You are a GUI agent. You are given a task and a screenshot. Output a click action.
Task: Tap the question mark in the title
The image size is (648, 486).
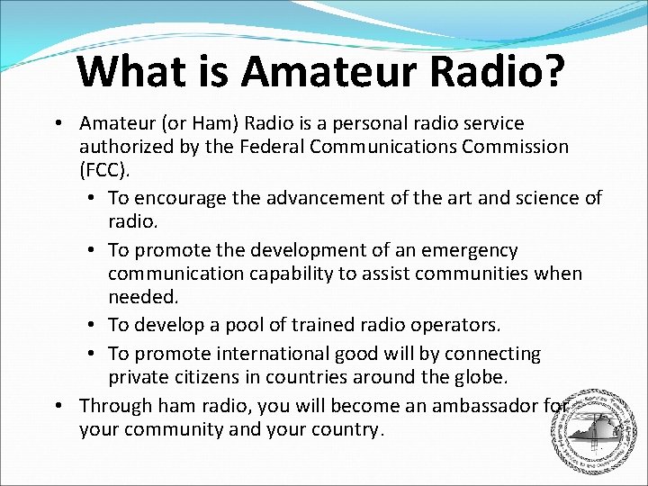pyautogui.click(x=551, y=70)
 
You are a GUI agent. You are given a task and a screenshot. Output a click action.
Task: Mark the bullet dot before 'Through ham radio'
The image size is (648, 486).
pyautogui.click(x=57, y=407)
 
